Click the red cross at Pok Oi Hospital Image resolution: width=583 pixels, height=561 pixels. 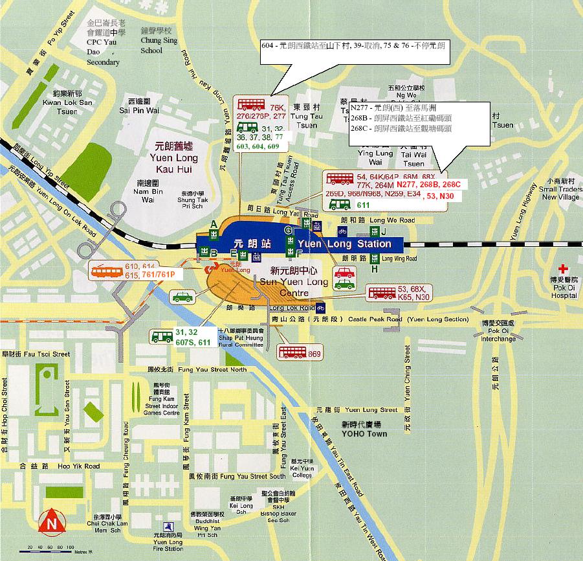564,268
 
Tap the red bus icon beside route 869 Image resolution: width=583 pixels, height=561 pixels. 292,352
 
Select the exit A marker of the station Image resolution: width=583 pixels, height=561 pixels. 213,225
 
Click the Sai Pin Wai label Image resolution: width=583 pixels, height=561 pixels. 144,106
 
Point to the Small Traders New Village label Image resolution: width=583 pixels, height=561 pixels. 561,189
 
